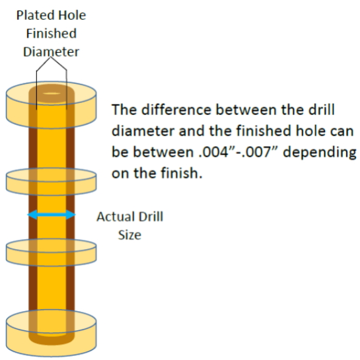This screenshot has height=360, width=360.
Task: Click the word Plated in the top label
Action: coord(35,15)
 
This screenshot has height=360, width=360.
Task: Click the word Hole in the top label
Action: coord(72,15)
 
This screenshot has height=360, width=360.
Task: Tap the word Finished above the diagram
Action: coord(52,34)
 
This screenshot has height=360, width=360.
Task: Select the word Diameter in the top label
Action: coord(52,52)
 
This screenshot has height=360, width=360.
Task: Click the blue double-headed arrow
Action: coord(52,215)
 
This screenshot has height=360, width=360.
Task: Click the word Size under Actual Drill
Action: coord(129,235)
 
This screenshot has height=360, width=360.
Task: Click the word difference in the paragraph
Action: coord(176,110)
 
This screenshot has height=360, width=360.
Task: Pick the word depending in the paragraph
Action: coord(320,153)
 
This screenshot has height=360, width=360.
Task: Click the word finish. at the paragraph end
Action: coord(182,173)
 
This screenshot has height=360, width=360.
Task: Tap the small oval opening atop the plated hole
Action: coord(52,93)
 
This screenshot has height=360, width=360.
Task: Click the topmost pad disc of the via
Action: coord(52,104)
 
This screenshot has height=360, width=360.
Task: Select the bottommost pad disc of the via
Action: coord(52,334)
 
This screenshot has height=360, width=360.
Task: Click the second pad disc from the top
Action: coord(52,182)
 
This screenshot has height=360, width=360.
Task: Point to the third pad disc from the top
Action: coord(52,252)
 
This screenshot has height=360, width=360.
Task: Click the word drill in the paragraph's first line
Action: coord(322,110)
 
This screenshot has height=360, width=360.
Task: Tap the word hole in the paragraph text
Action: coord(310,131)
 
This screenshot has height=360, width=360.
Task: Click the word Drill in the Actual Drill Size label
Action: coord(151,217)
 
